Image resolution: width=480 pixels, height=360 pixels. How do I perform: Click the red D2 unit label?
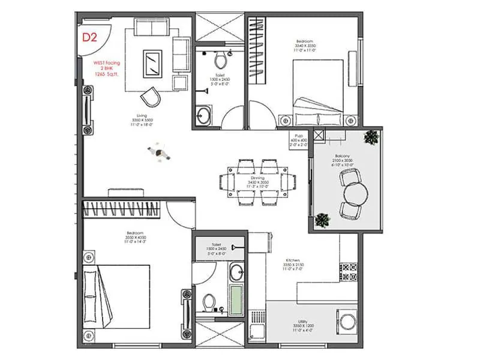coord(89,37)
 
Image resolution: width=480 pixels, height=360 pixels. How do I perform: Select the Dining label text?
coord(258,178)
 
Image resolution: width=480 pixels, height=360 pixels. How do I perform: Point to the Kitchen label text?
coord(292,260)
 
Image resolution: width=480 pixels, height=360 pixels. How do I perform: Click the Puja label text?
coord(298,136)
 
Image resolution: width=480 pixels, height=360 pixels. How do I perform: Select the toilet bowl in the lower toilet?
coord(209,301)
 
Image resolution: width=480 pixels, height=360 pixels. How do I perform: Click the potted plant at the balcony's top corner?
coord(371,137)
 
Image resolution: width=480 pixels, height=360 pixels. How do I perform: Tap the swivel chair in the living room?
coord(151,97)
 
